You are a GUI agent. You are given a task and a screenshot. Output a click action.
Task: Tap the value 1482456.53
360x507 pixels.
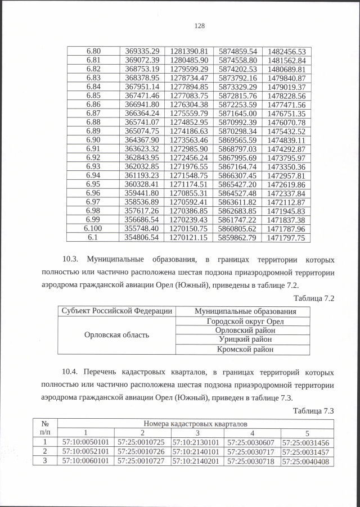[286, 51]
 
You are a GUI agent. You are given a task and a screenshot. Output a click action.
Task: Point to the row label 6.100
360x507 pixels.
[93, 229]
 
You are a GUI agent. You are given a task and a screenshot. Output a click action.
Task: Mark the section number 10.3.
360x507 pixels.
[72, 261]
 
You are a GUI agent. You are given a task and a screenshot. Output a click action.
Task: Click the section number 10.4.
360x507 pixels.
[72, 372]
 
